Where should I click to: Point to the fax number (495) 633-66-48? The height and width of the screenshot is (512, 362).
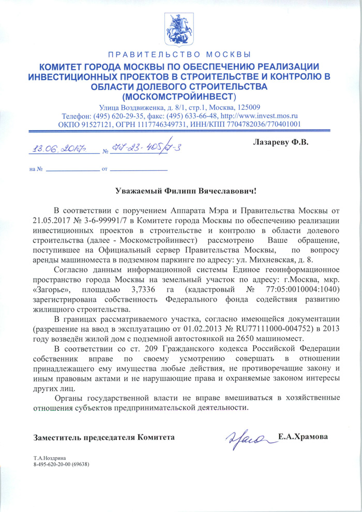(186, 116)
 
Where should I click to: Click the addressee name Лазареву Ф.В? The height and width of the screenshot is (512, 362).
(279, 142)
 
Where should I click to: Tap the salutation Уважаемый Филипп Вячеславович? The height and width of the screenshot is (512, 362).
(185, 192)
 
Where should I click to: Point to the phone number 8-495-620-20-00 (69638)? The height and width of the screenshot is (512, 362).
(62, 464)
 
